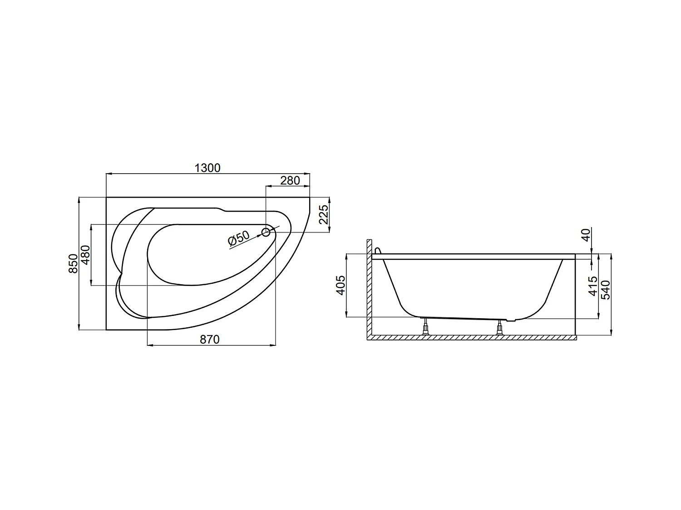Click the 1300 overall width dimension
[x=207, y=168]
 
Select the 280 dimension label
[x=290, y=180]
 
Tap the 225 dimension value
[x=323, y=214]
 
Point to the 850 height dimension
[x=73, y=263]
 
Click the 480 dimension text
[x=85, y=255]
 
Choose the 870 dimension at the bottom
[x=210, y=340]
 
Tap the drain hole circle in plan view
[x=266, y=233]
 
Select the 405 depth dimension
[x=340, y=285]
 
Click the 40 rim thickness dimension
[x=586, y=235]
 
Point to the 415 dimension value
[x=593, y=286]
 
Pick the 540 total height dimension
[x=606, y=290]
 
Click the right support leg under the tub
[x=500, y=328]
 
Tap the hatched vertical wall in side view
[x=370, y=290]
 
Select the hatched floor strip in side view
[x=472, y=338]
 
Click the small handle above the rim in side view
[x=378, y=250]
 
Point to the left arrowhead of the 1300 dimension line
[x=108, y=174]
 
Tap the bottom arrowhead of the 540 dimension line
[x=612, y=334]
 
